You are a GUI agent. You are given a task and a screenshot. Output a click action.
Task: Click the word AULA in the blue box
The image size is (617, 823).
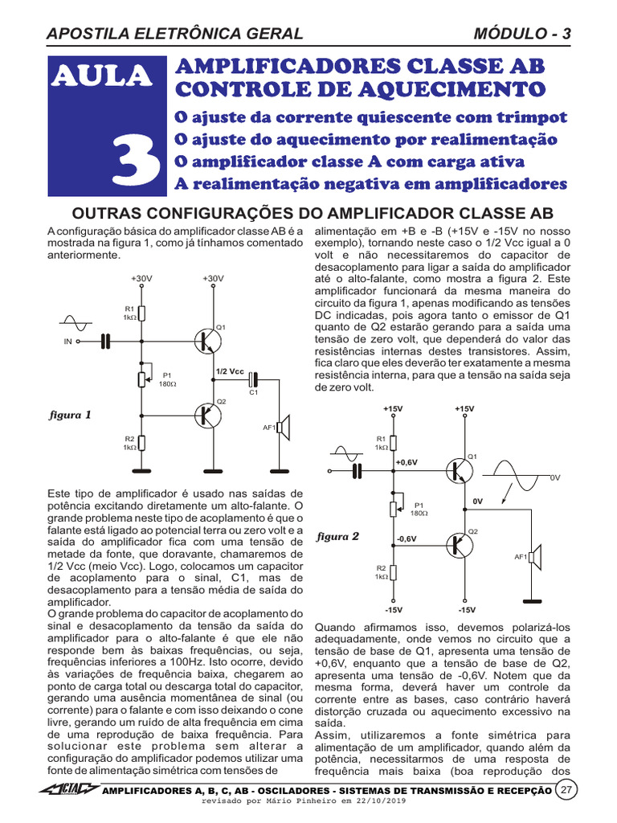point(101,76)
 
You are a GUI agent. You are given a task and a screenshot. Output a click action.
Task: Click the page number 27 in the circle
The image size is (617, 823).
point(567,789)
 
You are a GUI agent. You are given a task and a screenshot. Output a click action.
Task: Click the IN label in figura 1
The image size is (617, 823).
point(67,342)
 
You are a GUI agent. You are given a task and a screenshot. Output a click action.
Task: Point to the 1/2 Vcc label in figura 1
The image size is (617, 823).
point(230,371)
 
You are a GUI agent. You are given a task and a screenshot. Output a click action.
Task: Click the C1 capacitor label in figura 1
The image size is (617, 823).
point(252,392)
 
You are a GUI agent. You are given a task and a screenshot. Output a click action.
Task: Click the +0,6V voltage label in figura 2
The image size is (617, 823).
point(407,462)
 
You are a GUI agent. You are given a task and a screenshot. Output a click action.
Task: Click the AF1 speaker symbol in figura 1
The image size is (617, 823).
point(283,428)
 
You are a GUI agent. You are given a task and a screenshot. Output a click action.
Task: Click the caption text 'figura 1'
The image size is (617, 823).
point(70,416)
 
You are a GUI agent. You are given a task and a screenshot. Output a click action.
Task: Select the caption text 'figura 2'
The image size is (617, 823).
point(338,536)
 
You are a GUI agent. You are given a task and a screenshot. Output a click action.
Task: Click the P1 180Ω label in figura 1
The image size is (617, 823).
point(167,379)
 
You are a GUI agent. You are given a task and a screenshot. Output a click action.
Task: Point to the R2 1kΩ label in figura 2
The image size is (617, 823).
point(382,572)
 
